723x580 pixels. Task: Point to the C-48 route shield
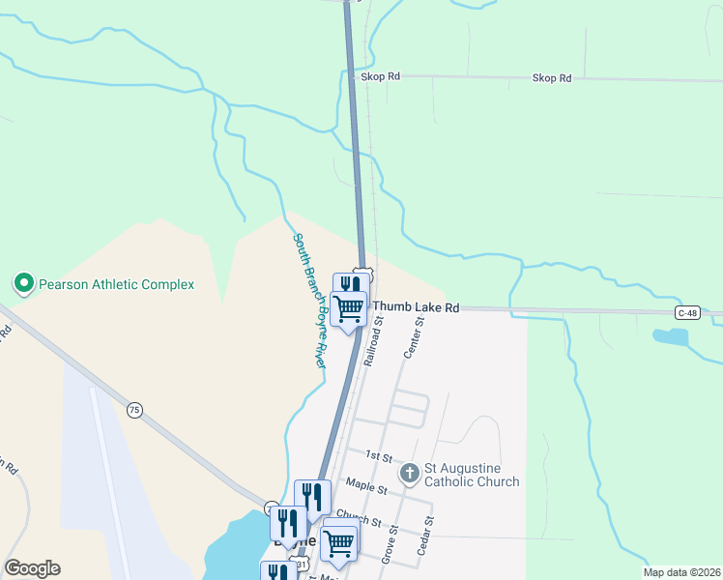tap(687, 312)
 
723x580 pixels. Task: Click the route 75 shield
tap(133, 411)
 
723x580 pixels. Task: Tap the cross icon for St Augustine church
tap(409, 474)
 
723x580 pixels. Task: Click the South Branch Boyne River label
tap(310, 300)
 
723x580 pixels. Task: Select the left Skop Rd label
tap(380, 76)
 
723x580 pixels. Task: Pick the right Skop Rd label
tap(552, 78)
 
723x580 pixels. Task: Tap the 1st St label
tap(377, 454)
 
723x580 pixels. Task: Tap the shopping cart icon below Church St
tap(339, 543)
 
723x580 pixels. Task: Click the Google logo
tap(32, 568)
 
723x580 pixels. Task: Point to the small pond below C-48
tap(670, 337)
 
